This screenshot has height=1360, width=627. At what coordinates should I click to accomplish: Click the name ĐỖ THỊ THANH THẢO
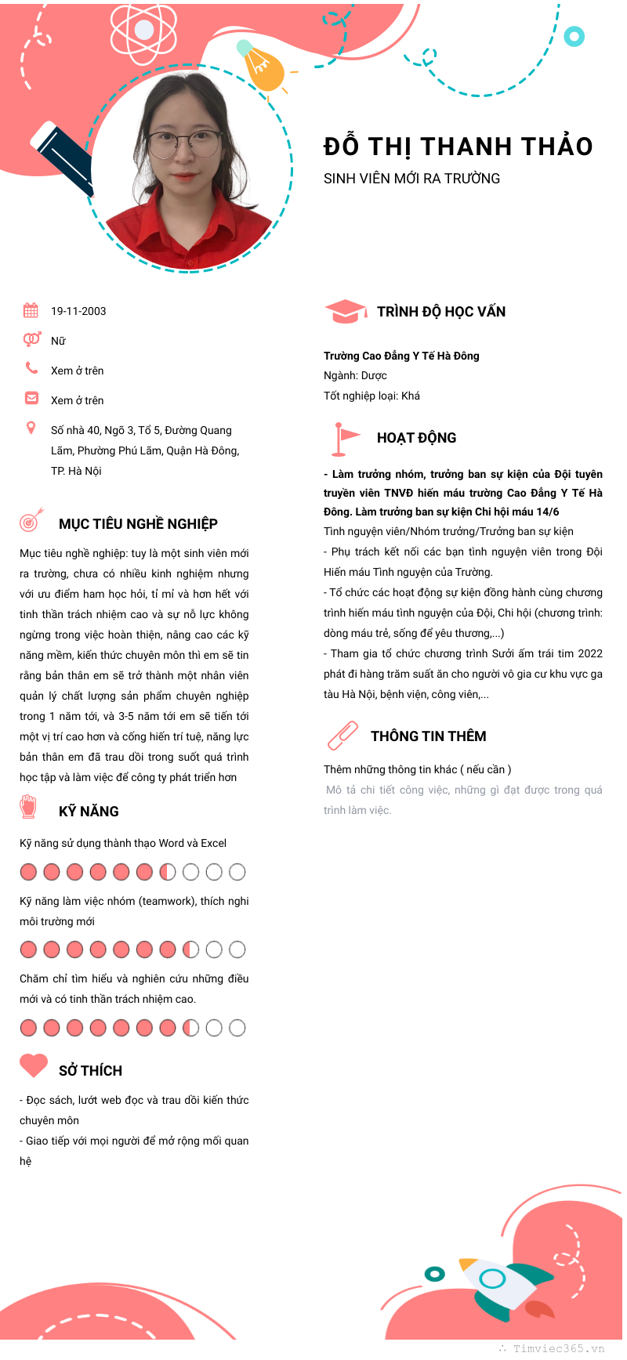pos(458,146)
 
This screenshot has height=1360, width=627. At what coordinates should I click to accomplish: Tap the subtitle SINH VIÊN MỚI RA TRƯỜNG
pos(411,179)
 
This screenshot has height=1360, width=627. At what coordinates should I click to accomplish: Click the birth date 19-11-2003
pos(78,311)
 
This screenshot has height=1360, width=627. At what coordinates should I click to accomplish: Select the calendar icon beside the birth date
pos(31,310)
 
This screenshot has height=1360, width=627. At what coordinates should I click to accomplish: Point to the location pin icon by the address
pos(31,428)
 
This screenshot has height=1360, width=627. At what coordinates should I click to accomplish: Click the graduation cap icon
pos(345,312)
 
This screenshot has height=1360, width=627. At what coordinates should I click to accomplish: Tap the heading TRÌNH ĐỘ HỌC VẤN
pos(441,312)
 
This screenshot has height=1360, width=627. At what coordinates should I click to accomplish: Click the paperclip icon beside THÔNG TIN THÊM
pos(342,736)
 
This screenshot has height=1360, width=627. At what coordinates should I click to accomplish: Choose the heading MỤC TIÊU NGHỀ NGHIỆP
pos(138,524)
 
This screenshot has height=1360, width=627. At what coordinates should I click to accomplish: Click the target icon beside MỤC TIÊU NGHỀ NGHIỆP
pos(31,519)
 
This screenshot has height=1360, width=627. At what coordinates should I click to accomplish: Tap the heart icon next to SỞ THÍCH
pos(34,1066)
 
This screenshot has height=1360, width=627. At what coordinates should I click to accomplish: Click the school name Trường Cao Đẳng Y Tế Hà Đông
pos(401,356)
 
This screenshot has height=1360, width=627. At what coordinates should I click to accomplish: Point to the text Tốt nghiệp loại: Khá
pos(371,396)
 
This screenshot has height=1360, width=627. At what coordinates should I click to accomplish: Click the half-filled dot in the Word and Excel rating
pos(168,872)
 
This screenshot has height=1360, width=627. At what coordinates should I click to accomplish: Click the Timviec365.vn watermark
pos(552,1348)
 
